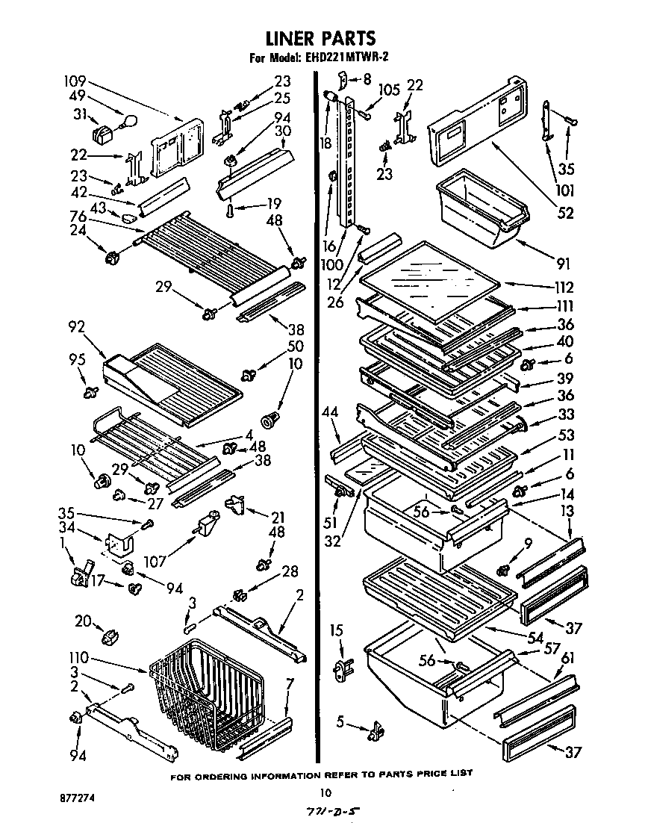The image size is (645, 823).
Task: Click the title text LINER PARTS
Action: coord(320,37)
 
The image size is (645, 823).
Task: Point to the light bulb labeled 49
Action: coord(128,119)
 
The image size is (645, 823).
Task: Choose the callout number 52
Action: coord(566,214)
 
